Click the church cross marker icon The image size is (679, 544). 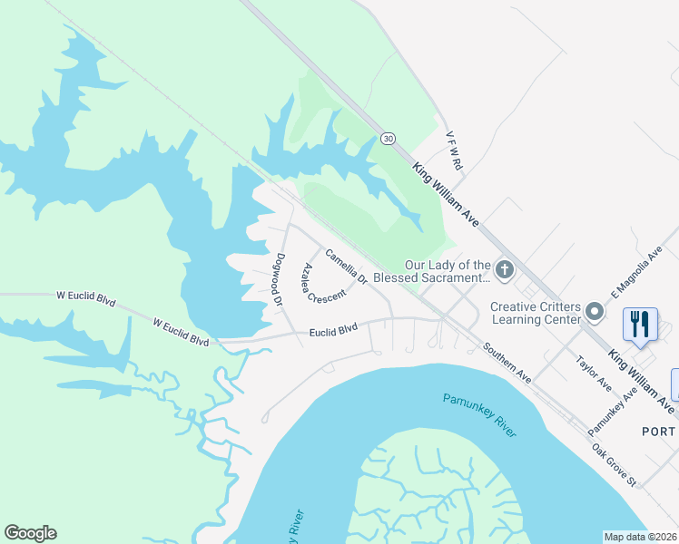(x=506, y=270)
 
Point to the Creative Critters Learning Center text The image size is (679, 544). (x=536, y=313)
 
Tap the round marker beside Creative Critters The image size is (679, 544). (x=595, y=312)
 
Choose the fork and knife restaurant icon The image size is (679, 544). (x=641, y=324)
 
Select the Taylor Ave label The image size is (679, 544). (x=594, y=374)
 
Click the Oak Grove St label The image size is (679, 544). (x=615, y=464)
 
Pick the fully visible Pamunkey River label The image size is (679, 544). (x=479, y=414)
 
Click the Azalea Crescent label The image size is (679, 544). (x=325, y=284)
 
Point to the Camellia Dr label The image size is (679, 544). (x=345, y=267)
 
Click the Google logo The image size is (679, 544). (x=30, y=533)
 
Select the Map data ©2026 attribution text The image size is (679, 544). (x=640, y=537)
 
